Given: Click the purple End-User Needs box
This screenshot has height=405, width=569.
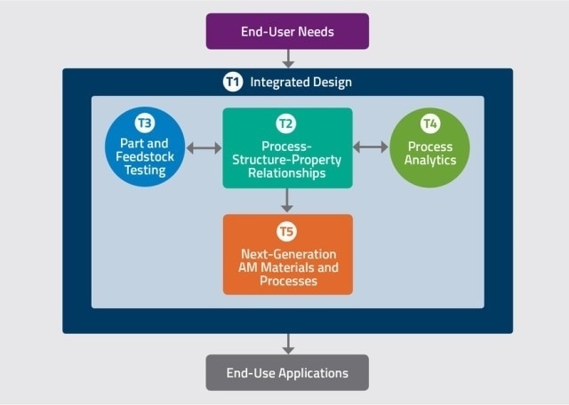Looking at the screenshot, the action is pos(287,32).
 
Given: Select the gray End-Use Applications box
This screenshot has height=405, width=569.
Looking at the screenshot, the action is pos(287,372).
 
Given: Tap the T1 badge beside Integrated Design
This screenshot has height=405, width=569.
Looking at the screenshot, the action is pos(233,82).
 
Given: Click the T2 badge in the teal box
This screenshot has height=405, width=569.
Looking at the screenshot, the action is pos(286,123).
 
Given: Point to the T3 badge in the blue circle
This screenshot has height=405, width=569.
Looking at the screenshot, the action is pos(145,123).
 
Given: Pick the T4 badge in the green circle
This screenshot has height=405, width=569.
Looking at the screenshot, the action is pos(430,123).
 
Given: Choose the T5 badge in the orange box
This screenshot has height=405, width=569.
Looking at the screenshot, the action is pos(286,231).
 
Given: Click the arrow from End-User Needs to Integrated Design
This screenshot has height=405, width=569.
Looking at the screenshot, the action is pos(288,59).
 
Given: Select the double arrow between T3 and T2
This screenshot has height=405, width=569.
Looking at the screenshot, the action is pos(204,148).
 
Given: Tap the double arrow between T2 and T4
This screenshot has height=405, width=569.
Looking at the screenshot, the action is pos(371,147).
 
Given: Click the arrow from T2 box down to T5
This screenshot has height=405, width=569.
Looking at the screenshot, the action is pos(287,201).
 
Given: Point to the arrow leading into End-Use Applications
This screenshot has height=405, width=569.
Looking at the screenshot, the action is pos(288,344).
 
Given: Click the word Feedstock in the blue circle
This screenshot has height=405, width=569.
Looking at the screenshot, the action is pos(145,156).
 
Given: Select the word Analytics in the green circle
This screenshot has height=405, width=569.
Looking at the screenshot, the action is pos(430,160).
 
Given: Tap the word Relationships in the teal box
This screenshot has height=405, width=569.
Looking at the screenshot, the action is pos(286,173).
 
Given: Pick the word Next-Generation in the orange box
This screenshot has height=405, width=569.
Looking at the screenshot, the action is pos(288,254).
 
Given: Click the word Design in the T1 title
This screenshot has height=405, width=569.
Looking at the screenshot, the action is pos(333,83).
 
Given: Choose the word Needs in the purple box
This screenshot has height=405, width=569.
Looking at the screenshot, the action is pos(317,32).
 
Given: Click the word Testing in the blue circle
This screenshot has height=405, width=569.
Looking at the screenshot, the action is pos(145,170).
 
